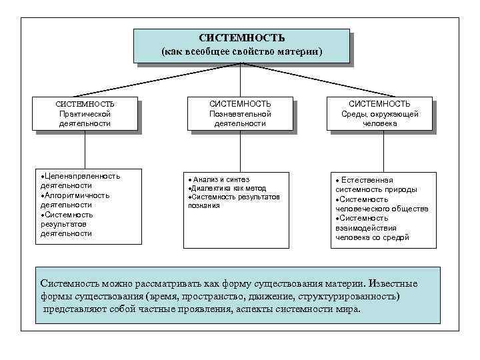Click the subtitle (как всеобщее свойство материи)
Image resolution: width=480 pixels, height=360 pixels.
click(x=241, y=51)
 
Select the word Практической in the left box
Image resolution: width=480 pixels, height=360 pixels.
click(x=85, y=114)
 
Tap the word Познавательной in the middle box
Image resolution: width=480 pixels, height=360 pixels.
click(x=240, y=114)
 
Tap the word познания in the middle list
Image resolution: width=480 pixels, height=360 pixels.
click(x=204, y=206)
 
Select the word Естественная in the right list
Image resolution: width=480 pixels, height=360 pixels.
click(x=367, y=180)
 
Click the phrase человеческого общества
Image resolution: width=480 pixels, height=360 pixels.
click(x=382, y=209)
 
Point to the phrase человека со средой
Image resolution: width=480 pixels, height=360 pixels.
click(x=372, y=237)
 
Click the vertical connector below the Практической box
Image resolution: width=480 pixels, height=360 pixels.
click(x=85, y=150)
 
